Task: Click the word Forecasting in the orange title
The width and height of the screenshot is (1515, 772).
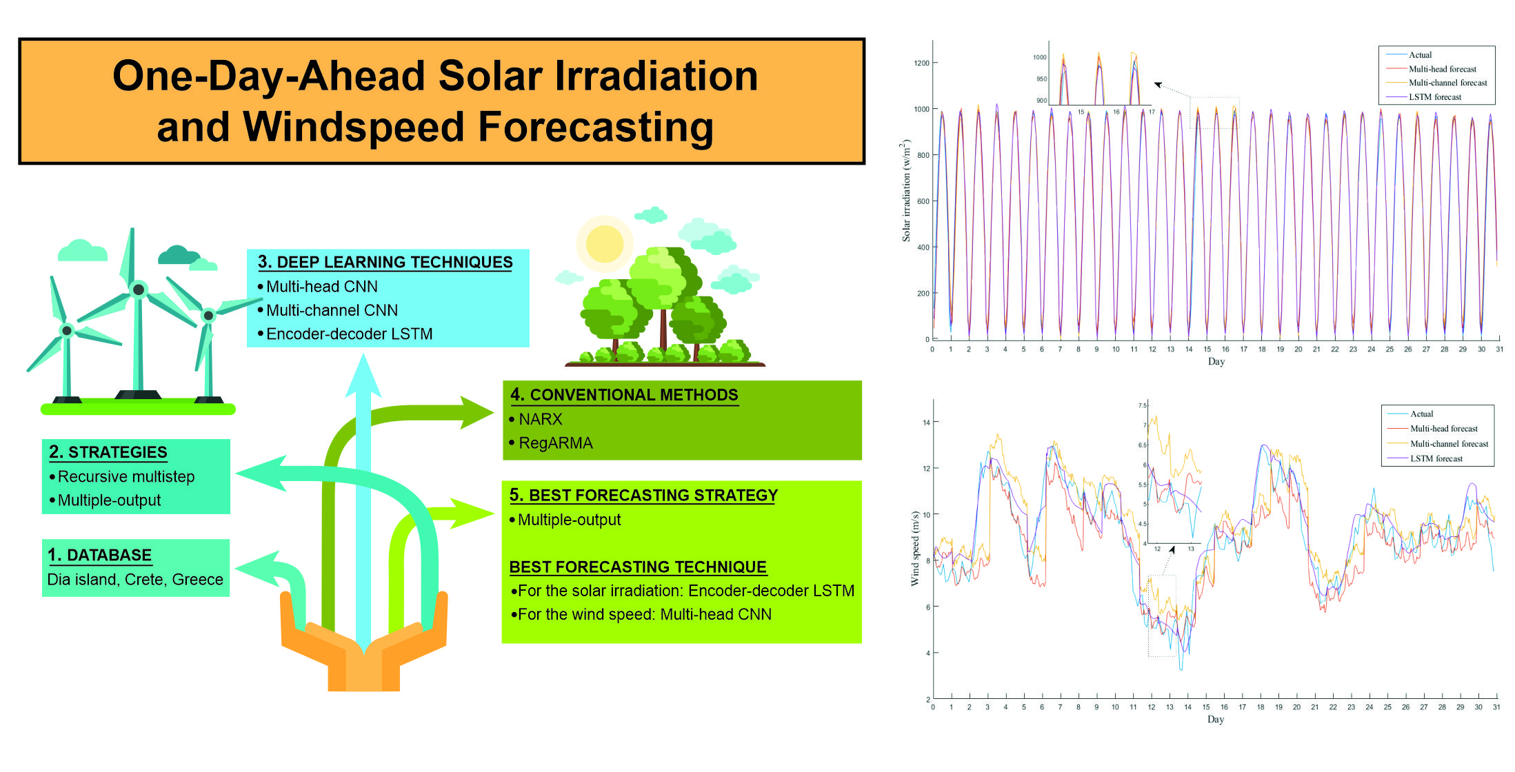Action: pyautogui.click(x=596, y=128)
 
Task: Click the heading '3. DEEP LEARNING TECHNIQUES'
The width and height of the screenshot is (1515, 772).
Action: pyautogui.click(x=385, y=262)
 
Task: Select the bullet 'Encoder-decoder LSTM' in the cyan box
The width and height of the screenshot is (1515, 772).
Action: pyautogui.click(x=349, y=334)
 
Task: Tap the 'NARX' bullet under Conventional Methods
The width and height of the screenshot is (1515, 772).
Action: pyautogui.click(x=540, y=419)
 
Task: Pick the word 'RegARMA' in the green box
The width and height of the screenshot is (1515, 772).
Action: pyautogui.click(x=555, y=443)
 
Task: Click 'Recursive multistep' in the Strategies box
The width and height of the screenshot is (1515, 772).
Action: pyautogui.click(x=126, y=476)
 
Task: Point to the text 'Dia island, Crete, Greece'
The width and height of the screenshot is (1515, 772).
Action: pyautogui.click(x=135, y=579)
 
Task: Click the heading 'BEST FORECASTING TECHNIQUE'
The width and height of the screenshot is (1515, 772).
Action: pyautogui.click(x=637, y=567)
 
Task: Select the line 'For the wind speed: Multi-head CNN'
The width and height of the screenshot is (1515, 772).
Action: pyautogui.click(x=644, y=614)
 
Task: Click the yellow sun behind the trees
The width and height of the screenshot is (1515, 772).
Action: pyautogui.click(x=604, y=243)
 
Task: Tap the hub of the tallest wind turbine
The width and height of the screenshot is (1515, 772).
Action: pyautogui.click(x=139, y=289)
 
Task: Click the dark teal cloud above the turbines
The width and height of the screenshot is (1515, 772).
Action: pyautogui.click(x=177, y=255)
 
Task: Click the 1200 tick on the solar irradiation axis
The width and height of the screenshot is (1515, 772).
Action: pyautogui.click(x=921, y=63)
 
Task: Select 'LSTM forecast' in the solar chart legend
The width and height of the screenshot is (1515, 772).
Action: pyautogui.click(x=1434, y=97)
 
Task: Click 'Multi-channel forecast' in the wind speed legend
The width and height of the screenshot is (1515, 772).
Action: pyautogui.click(x=1449, y=444)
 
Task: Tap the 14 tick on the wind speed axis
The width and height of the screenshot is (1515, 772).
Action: pyautogui.click(x=926, y=423)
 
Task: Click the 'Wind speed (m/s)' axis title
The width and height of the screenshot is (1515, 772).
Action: pyautogui.click(x=915, y=548)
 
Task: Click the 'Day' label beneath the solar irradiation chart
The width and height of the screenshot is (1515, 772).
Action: pyautogui.click(x=1216, y=361)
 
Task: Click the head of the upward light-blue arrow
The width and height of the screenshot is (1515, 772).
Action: pyautogui.click(x=363, y=376)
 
